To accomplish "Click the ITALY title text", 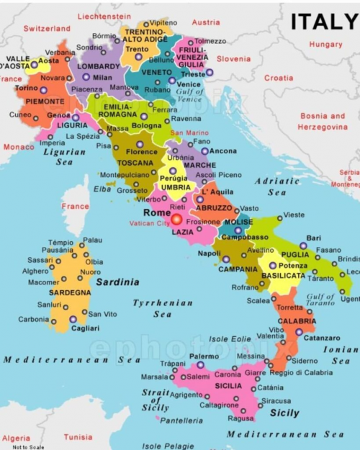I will [323, 22].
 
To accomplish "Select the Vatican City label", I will [149, 223].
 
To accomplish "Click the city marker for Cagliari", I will [73, 319].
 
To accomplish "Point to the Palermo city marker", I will [201, 364].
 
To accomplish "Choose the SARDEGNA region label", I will [70, 293].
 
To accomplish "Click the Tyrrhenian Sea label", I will [162, 308].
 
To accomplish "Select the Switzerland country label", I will [47, 29].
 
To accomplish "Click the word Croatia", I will [279, 78].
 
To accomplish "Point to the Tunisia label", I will [78, 437].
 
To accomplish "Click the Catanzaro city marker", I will [299, 332].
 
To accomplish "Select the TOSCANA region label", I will [140, 163].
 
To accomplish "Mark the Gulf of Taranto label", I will [320, 301].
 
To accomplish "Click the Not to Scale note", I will [28, 446].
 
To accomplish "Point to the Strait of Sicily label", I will [156, 400].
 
